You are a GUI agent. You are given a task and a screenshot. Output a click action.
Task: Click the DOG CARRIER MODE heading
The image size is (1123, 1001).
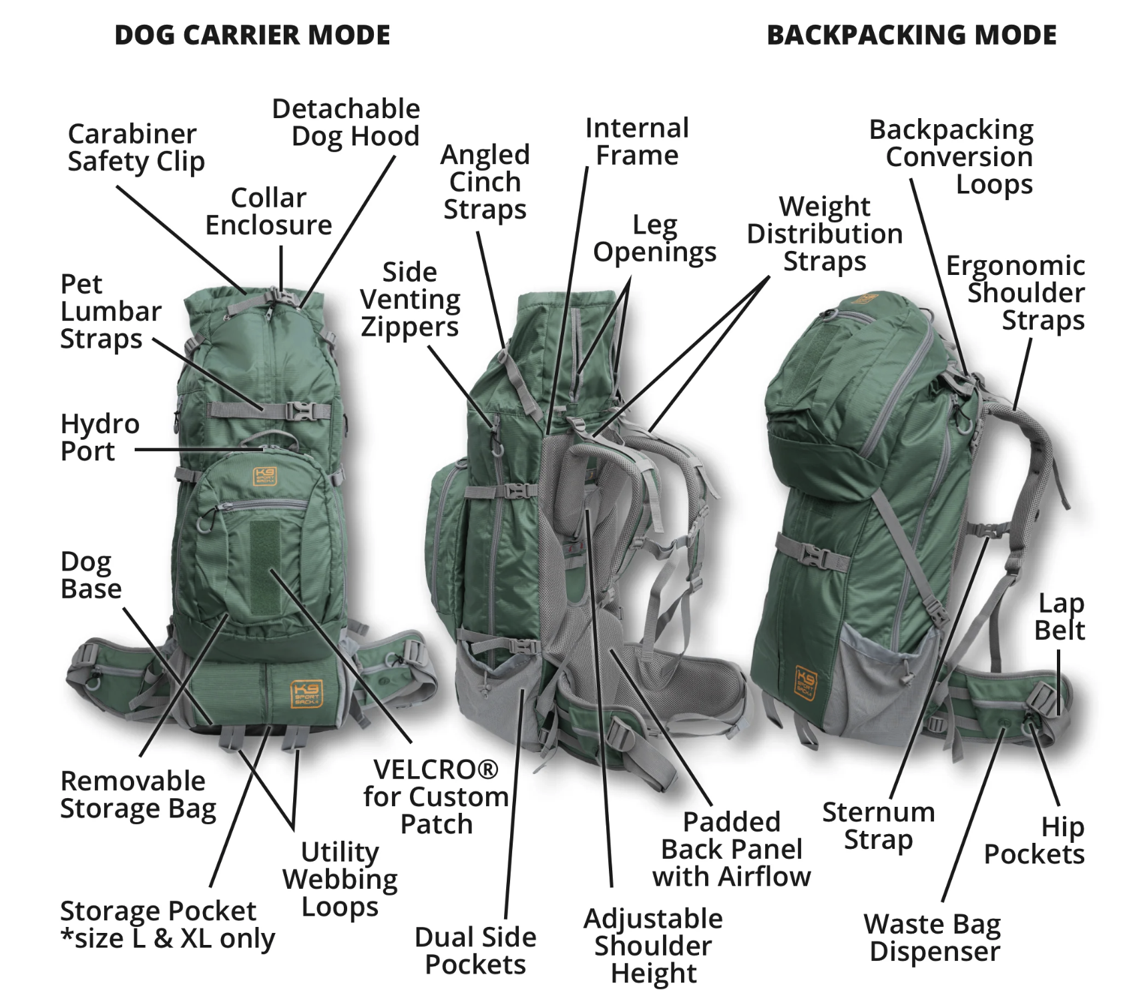[252, 35]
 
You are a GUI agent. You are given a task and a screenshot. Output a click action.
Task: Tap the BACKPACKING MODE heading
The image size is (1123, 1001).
[911, 35]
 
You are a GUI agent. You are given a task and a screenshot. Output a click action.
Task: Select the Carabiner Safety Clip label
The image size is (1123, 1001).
[136, 147]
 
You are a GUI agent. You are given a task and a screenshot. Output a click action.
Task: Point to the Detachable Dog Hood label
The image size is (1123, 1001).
[346, 122]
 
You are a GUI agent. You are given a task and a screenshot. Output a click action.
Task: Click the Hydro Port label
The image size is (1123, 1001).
[99, 437]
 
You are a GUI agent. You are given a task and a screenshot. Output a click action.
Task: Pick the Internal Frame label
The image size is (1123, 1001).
[637, 141]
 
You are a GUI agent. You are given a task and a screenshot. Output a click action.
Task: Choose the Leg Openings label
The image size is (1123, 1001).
[654, 238]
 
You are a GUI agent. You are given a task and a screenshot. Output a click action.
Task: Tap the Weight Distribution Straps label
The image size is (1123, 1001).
[825, 234]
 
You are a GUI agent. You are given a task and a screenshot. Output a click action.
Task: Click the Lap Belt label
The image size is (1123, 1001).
[1060, 617]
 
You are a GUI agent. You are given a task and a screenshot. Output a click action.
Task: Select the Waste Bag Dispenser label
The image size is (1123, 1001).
[933, 938]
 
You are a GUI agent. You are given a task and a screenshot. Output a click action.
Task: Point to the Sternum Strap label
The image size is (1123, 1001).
[878, 825]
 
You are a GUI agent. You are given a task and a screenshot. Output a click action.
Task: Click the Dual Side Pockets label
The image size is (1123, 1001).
[475, 951]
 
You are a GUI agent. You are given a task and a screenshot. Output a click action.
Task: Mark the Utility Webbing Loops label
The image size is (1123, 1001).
[340, 879]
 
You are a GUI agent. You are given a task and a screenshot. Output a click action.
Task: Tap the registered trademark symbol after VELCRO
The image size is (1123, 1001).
[488, 769]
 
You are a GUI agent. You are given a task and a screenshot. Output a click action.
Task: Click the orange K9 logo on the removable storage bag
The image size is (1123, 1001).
[265, 476]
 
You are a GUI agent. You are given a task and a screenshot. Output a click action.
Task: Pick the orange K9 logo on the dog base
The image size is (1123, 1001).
[307, 693]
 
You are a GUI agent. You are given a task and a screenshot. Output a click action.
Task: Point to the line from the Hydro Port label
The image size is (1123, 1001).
[200, 450]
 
